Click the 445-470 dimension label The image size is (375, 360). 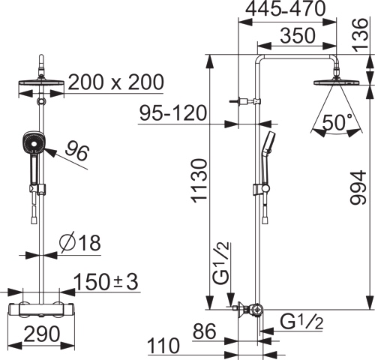(x=286, y=9)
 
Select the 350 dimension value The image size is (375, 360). (x=298, y=36)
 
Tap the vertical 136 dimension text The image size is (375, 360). (x=361, y=35)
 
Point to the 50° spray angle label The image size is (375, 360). (x=337, y=122)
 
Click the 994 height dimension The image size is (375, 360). (x=358, y=187)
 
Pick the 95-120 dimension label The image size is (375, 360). (x=173, y=113)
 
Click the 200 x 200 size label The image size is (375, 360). (x=116, y=82)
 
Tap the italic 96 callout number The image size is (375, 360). (x=77, y=150)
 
